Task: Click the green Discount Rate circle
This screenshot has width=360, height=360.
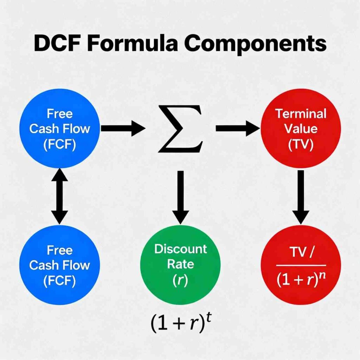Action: [180, 264]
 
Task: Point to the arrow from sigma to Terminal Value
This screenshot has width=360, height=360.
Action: [237, 129]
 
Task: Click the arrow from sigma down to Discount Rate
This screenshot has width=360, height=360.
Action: [180, 197]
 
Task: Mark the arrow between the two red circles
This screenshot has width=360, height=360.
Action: [301, 197]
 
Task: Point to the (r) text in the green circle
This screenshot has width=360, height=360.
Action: [180, 279]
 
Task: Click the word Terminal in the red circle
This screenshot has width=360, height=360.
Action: [301, 114]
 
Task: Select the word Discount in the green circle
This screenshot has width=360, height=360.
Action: [181, 249]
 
